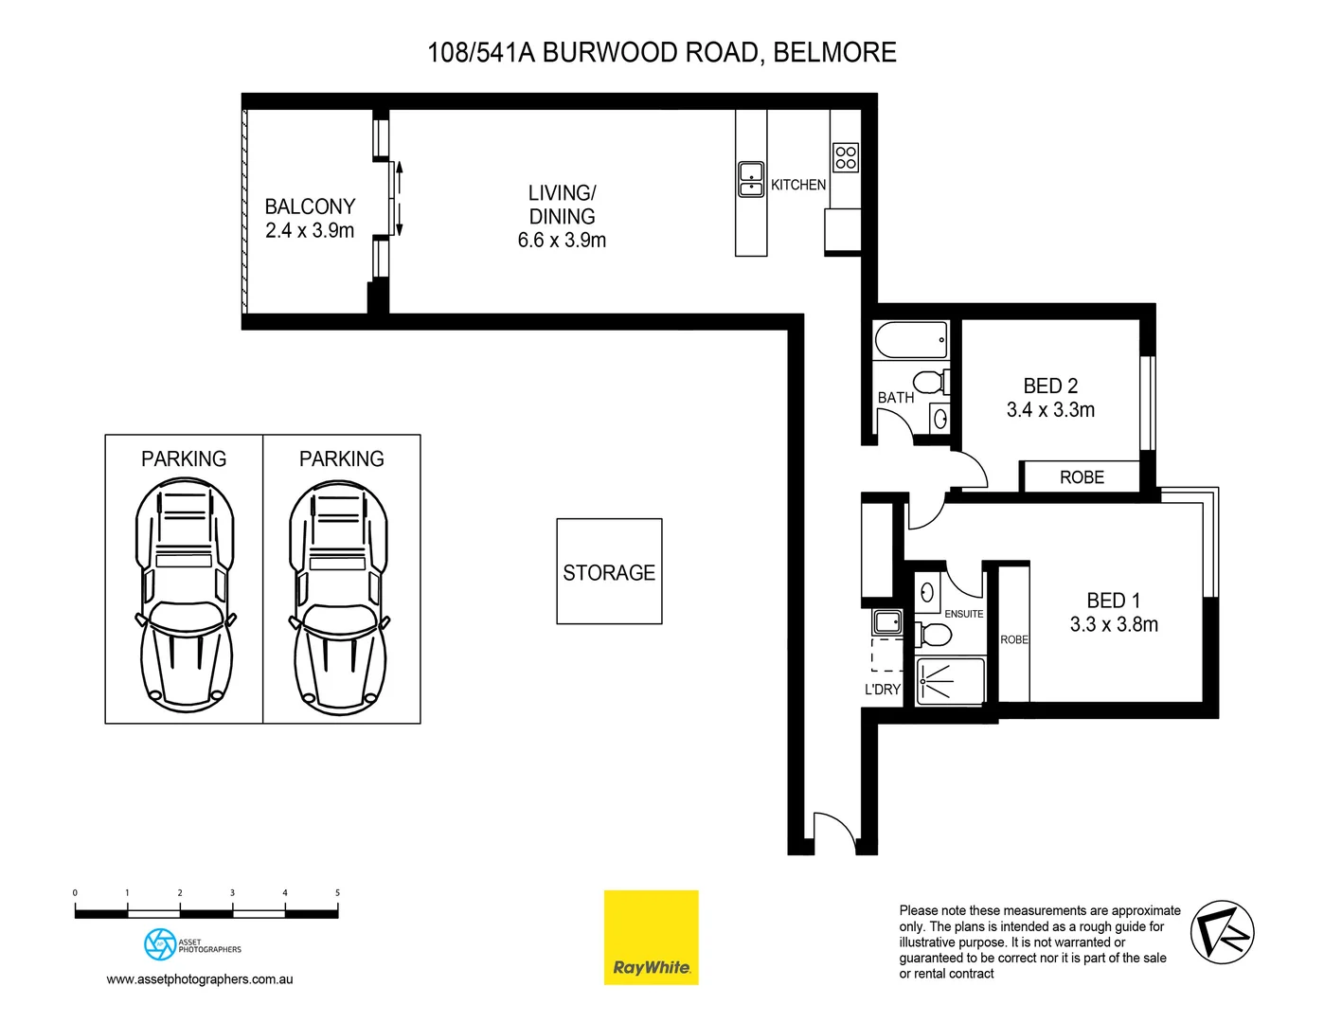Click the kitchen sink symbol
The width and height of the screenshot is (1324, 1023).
tap(751, 179)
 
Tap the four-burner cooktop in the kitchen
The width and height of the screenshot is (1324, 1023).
tap(846, 157)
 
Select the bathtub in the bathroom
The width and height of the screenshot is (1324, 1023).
tap(911, 340)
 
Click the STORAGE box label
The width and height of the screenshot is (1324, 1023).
tap(609, 572)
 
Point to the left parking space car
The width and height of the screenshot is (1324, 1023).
tap(185, 597)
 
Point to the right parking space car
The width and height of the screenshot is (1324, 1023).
tap(338, 597)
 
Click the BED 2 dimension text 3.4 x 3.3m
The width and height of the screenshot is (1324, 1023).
tap(1050, 410)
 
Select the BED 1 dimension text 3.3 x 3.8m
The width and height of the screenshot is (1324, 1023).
tap(1114, 624)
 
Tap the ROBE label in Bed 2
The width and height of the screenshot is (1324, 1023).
tap(1082, 477)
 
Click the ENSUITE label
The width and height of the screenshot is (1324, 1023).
tap(963, 614)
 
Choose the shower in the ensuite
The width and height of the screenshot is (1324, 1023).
tap(949, 681)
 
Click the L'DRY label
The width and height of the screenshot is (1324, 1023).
tap(883, 690)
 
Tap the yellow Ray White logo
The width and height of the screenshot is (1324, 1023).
tap(652, 937)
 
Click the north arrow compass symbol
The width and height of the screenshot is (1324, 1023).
tap(1222, 933)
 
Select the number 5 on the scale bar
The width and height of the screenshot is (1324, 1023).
tap(337, 892)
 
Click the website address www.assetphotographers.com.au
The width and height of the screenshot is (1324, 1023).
tap(200, 979)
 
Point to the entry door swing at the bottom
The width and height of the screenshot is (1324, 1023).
tap(834, 828)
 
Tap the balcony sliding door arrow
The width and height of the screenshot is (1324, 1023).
tap(400, 199)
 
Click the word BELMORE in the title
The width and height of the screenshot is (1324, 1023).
tap(834, 52)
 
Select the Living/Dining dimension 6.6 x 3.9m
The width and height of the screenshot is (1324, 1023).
tap(562, 241)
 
